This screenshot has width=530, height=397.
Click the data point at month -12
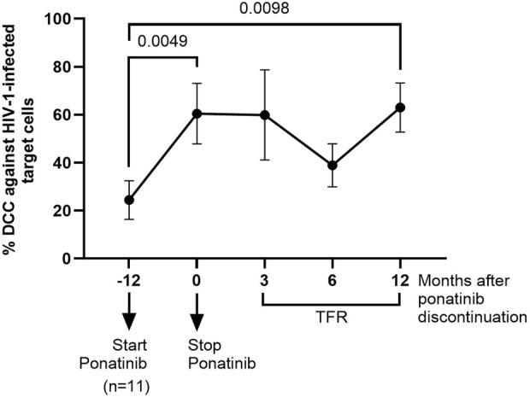tap(129, 200)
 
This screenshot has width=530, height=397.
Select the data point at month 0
tap(197, 114)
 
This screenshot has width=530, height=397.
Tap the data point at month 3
tap(264, 115)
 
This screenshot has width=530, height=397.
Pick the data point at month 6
tap(333, 166)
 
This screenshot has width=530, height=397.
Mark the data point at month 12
tap(400, 108)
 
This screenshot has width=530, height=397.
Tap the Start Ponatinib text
tap(129, 355)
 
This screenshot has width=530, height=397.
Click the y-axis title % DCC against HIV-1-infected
tap(19, 137)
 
